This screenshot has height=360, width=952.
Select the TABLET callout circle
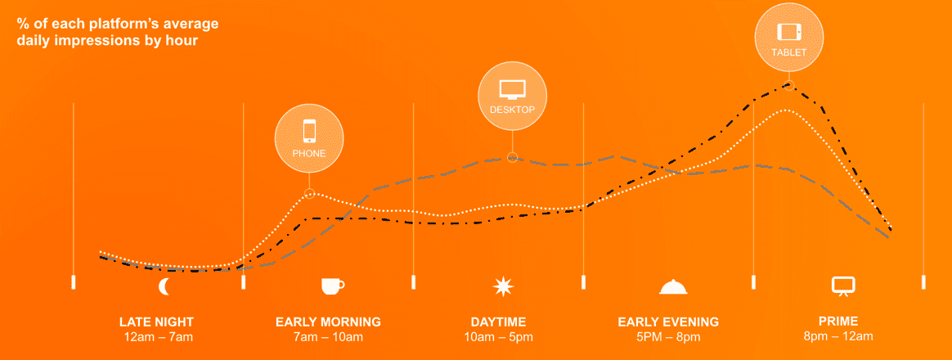[789, 38]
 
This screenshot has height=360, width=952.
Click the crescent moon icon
[164, 286]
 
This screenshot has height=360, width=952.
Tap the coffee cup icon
[332, 286]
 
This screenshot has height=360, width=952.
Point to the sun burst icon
[503, 286]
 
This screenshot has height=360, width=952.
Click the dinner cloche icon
[673, 286]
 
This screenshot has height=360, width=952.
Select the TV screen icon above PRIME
[842, 286]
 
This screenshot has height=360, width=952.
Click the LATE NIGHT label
[157, 322]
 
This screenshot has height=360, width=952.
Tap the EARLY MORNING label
[328, 322]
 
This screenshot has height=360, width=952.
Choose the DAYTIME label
[498, 322]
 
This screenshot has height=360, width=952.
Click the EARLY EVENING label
[668, 322]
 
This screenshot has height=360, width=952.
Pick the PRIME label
[838, 322]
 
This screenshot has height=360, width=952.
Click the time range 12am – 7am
[157, 337]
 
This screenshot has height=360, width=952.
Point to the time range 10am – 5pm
[498, 337]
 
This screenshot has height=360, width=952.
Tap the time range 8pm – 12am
[838, 337]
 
